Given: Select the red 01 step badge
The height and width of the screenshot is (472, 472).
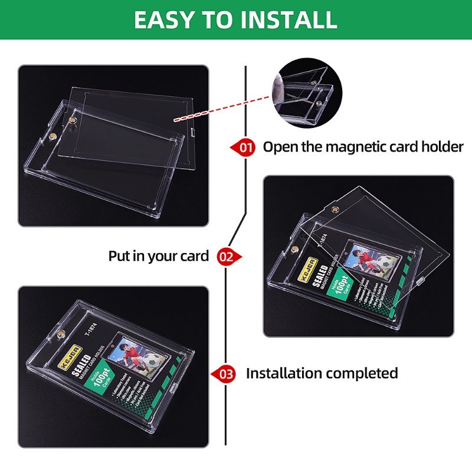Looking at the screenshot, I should click(244, 147).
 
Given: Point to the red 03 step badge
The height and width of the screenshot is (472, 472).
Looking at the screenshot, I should click(227, 373).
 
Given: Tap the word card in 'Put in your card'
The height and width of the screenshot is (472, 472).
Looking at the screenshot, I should click(196, 256).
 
